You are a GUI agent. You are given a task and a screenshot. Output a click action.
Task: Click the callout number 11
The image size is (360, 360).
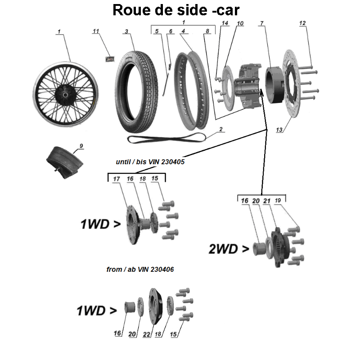(x=95, y=31)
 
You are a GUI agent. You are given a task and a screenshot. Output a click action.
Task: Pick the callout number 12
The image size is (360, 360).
(x=302, y=23)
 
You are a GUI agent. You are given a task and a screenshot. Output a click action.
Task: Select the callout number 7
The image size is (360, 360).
(x=261, y=23)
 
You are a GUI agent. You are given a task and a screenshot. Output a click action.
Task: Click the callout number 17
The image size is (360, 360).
(x=117, y=179)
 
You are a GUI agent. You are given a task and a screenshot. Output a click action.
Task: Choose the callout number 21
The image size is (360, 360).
(x=267, y=201)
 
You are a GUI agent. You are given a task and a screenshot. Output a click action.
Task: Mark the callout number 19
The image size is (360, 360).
(x=279, y=201)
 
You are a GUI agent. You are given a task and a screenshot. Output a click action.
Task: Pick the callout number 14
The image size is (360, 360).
(x=225, y=23)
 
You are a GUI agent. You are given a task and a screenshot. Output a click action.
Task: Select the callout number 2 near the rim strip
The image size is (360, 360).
(x=221, y=129)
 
